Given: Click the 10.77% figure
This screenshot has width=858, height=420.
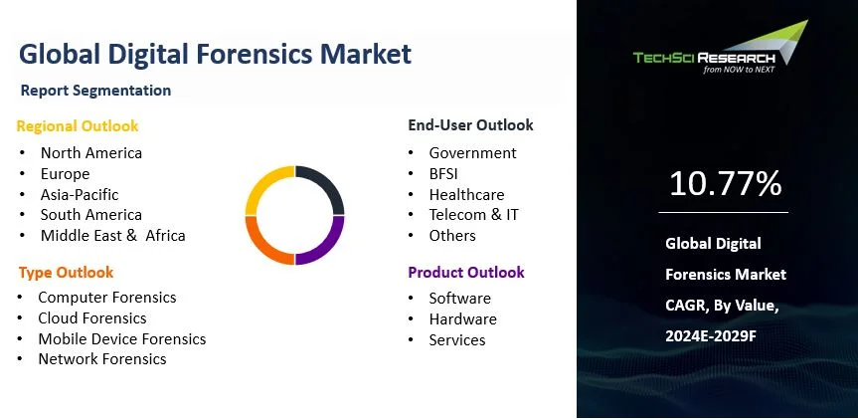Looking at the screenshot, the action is tap(725, 183).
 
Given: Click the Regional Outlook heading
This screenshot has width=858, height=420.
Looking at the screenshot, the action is tap(78, 126).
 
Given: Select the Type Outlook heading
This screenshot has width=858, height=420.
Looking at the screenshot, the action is tap(67, 273).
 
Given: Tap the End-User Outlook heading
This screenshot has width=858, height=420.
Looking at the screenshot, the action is tap(470, 124).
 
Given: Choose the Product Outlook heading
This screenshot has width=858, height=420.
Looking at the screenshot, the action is tap(466, 272).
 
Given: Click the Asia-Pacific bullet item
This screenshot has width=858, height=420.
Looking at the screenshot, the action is tap(80, 194).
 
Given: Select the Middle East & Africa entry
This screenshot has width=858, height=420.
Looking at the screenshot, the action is tap(112, 236).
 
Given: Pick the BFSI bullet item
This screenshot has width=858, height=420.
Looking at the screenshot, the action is tap(443, 174).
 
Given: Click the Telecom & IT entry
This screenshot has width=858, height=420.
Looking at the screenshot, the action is tap(473, 215).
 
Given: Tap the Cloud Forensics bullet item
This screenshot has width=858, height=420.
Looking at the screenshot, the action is tap(91, 318).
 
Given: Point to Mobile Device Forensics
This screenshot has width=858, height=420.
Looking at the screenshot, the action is tap(122, 339).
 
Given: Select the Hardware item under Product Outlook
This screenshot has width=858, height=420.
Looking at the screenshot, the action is tap(463, 319).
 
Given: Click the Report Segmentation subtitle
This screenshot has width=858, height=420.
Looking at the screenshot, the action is tap(95, 91).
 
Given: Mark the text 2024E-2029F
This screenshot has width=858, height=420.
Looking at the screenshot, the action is tap(711, 335).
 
